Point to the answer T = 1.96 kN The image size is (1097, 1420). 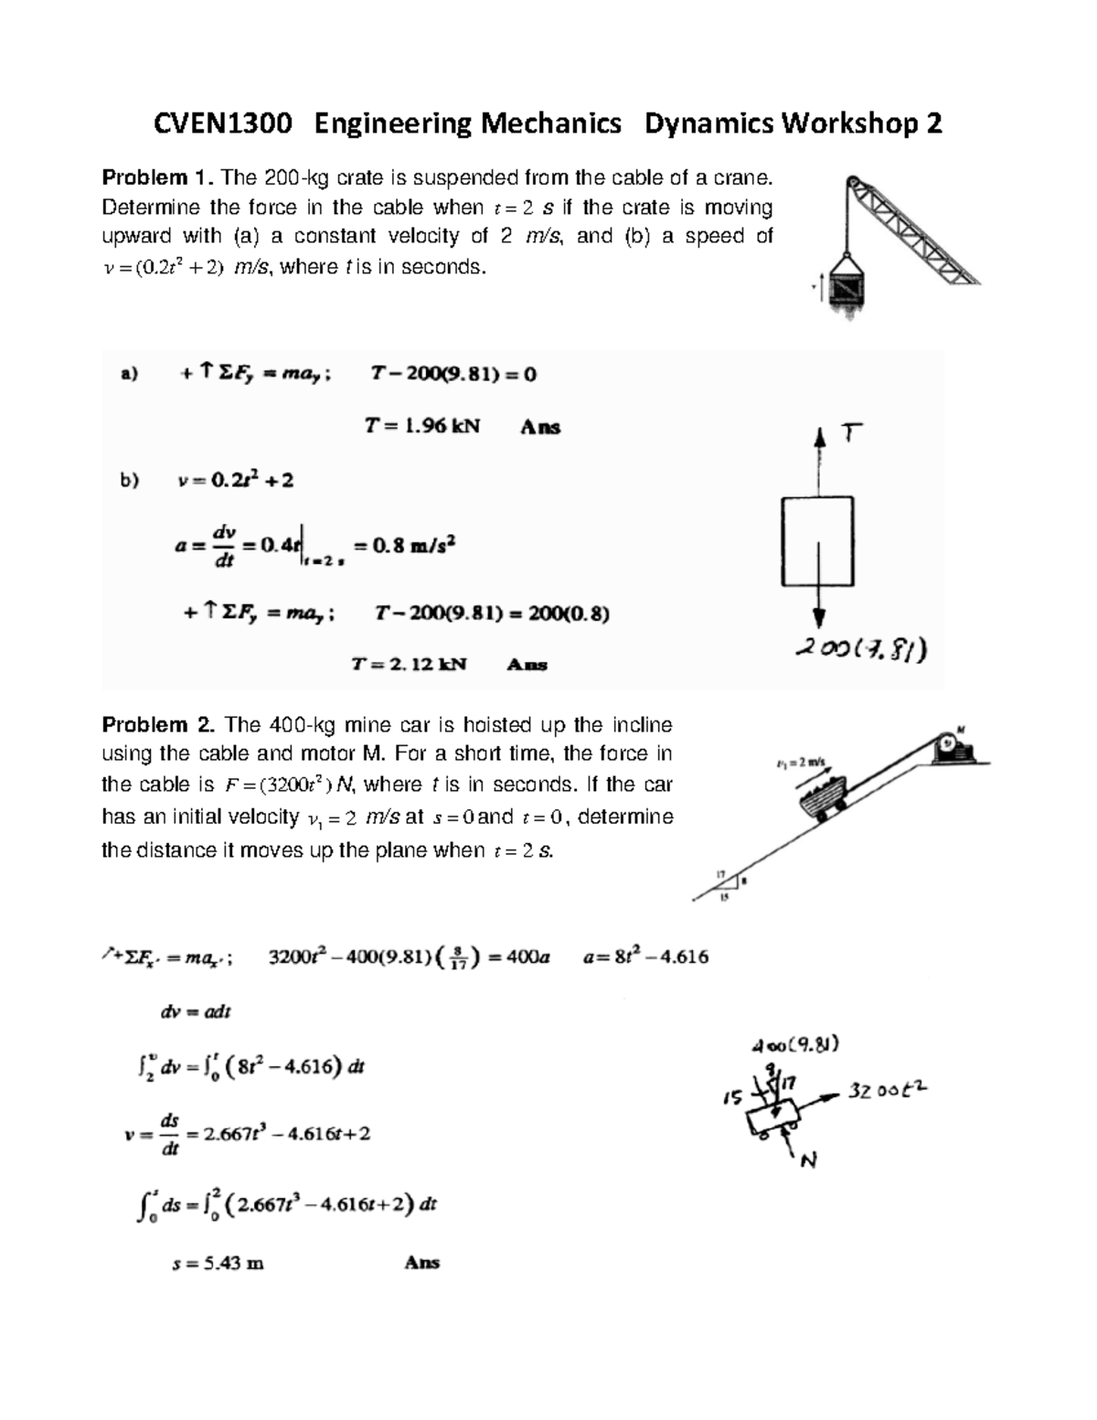[x=421, y=426]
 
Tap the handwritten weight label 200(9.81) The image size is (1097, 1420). [x=861, y=651]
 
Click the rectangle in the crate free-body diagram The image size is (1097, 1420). [x=817, y=540]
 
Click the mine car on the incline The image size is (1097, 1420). [x=822, y=792]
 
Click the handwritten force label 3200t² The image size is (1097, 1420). [x=888, y=1091]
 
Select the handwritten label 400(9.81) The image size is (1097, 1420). [x=793, y=1046]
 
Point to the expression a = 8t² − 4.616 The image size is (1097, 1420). [x=645, y=958]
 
